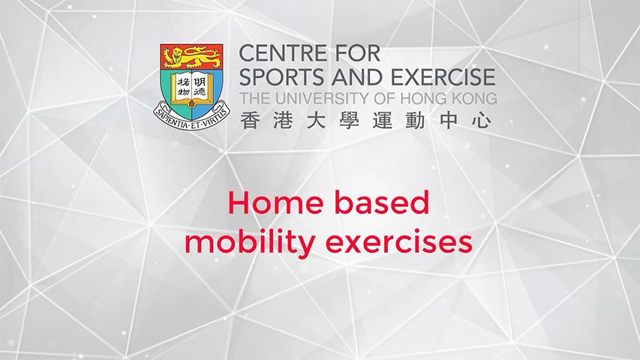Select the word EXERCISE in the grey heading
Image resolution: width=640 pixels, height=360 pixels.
click(443, 77)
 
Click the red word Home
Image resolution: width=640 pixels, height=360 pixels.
click(276, 202)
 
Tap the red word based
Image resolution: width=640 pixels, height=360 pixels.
click(382, 202)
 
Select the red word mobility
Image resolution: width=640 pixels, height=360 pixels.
click(249, 241)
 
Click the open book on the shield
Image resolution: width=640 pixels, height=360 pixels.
click(192, 88)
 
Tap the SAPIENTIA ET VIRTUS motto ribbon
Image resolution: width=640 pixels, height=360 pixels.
click(191, 117)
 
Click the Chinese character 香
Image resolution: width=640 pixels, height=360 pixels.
click(249, 121)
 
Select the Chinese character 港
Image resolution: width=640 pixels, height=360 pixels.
click(283, 121)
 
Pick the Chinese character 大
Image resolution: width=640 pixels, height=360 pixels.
click(316, 121)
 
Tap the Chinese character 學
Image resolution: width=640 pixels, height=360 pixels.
click(350, 121)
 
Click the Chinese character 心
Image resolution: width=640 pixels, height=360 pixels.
click(482, 121)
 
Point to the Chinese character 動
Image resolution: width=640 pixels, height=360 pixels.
click(416, 121)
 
